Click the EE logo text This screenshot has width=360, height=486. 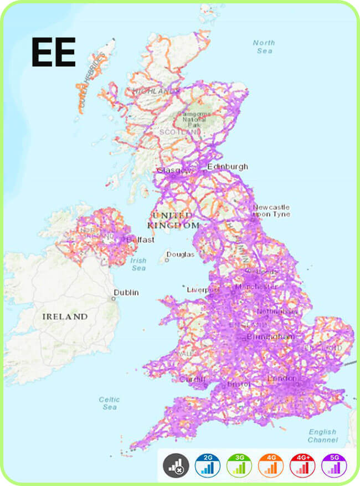53,52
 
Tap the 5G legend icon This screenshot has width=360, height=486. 333,466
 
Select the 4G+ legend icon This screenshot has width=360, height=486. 302,466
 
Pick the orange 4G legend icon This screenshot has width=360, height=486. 271,466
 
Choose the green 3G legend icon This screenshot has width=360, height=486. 239,466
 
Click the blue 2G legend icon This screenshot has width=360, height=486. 208,466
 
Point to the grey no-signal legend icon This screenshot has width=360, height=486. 176,466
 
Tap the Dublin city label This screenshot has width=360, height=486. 126,292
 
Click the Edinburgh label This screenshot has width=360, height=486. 228,166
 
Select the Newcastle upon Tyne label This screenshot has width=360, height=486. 271,211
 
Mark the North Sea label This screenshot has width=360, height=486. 264,47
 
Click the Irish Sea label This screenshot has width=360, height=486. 138,264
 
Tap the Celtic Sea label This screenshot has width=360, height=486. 109,403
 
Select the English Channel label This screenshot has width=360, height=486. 323,436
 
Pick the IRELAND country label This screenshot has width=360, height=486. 65,316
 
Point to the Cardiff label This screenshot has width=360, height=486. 192,380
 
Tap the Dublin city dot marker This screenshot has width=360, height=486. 113,298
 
